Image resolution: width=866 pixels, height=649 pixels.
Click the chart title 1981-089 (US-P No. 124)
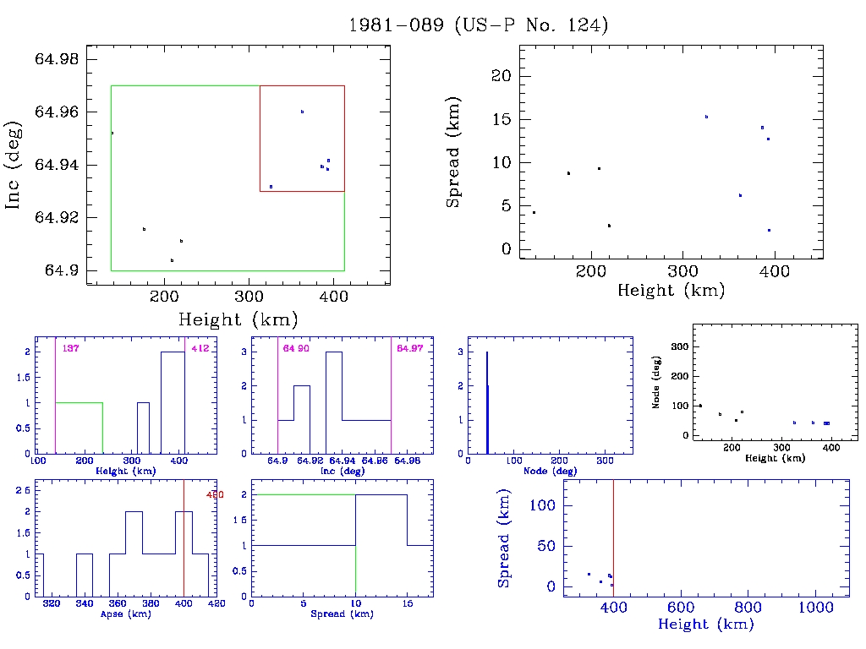(x=479, y=25)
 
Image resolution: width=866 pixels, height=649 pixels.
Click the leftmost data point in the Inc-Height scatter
(x=112, y=133)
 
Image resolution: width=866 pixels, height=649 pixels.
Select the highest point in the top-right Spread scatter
(x=706, y=117)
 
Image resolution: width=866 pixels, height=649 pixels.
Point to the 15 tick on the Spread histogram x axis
(x=407, y=603)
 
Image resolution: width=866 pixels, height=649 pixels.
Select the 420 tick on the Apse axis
(x=216, y=603)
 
